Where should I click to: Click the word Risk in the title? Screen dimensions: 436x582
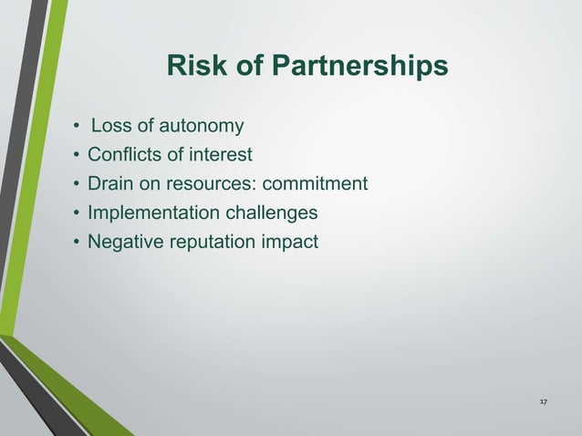coord(191,67)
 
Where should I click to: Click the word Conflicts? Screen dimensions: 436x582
coord(123,154)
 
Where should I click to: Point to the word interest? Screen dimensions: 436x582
coord(220,154)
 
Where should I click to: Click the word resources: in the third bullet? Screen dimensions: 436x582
coord(214,183)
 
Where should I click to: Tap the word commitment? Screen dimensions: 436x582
coord(315,183)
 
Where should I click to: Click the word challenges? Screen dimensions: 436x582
coord(271,213)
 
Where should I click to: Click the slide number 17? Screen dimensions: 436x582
coord(543,402)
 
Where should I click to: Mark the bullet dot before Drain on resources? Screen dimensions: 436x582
coord(78,184)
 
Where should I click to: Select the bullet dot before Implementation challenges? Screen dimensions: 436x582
coord(78,213)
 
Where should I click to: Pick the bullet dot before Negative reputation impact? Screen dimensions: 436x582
coord(78,243)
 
